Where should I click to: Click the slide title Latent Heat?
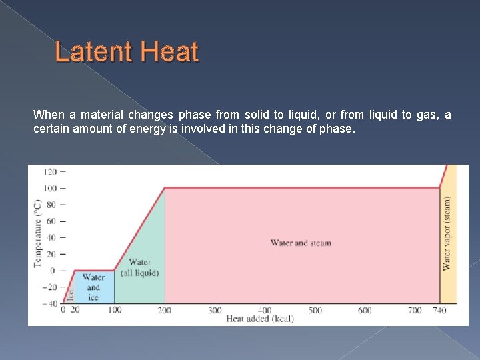click(x=127, y=51)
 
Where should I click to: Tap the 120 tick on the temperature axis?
click(x=50, y=171)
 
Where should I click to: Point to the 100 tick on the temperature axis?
click(x=50, y=188)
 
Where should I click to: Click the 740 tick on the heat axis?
click(x=439, y=311)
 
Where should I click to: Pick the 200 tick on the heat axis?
click(x=165, y=311)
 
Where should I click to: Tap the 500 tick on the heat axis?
click(x=315, y=311)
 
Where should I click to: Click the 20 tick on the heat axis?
click(x=74, y=311)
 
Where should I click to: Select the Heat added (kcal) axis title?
click(x=260, y=319)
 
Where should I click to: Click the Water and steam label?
click(x=301, y=243)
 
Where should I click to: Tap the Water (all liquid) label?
click(x=140, y=267)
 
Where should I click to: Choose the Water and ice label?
click(x=93, y=287)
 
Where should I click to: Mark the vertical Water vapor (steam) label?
click(x=447, y=233)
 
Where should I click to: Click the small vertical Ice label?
click(x=69, y=292)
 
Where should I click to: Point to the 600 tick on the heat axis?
click(x=365, y=311)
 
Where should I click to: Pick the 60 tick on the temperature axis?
click(x=51, y=221)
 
